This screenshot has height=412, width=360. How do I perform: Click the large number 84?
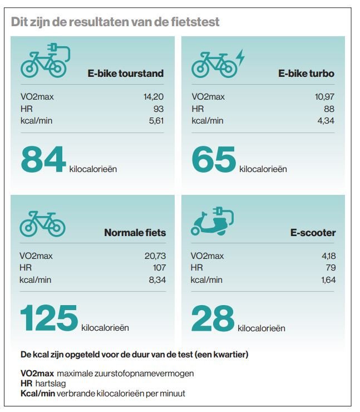point(43,159)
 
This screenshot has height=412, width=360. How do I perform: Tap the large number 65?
point(214,159)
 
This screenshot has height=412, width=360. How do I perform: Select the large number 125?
point(49,318)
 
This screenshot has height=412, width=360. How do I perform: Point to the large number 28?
point(213,318)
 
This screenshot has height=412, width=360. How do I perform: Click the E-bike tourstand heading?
point(126,73)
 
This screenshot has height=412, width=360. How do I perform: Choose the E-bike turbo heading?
point(306,73)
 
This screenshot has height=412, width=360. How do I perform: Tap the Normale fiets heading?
point(135,233)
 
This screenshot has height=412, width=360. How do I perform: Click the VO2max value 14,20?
point(153,97)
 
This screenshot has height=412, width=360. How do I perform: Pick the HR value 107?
point(158,268)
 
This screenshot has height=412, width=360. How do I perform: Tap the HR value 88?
point(329,109)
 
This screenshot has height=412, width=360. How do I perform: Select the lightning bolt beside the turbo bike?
point(240,55)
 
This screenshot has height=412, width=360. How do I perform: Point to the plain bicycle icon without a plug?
point(43,223)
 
